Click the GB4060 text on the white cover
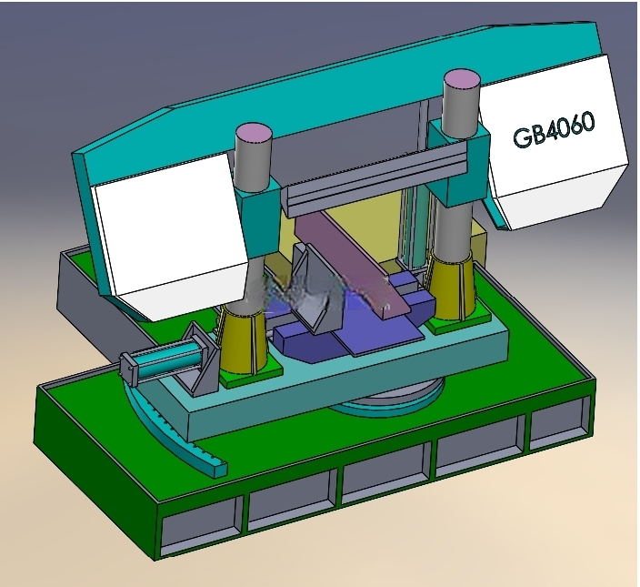554,129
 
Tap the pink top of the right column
462,79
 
